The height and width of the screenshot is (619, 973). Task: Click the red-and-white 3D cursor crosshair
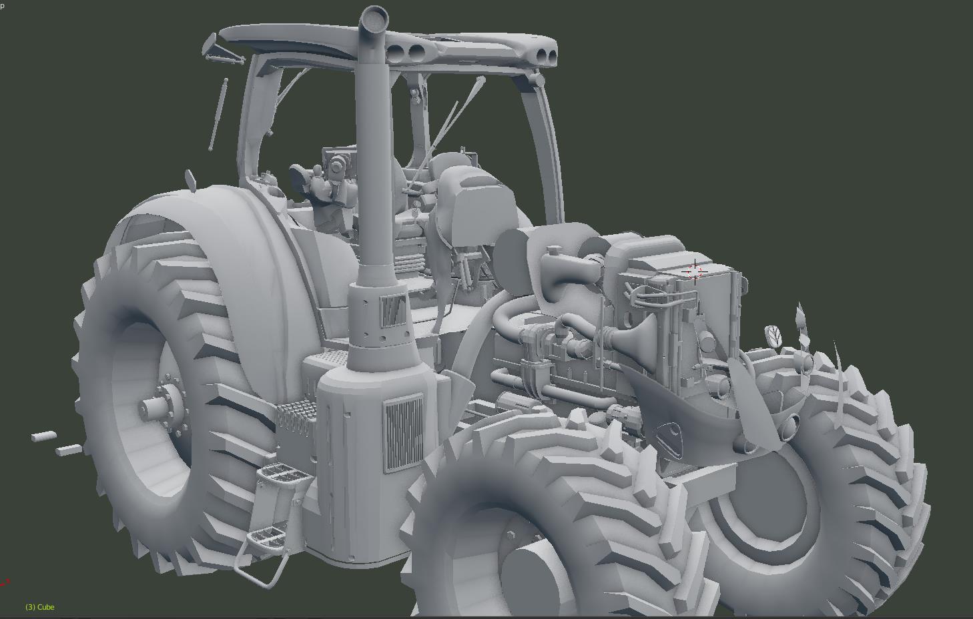695,271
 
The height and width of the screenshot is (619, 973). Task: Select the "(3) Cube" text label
40,607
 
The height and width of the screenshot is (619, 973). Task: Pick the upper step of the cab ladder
284,472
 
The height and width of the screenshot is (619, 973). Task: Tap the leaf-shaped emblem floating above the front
772,335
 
